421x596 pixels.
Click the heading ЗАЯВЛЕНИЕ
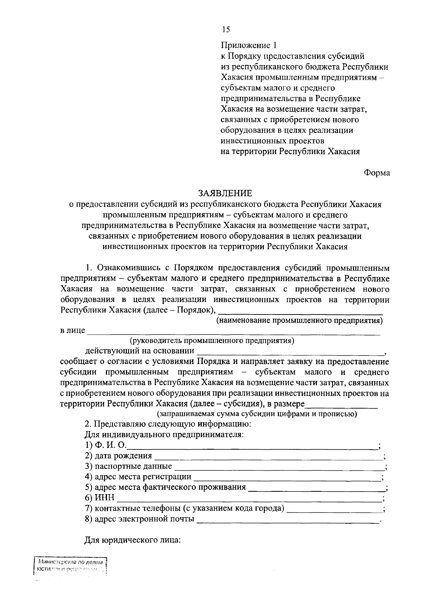click(225, 193)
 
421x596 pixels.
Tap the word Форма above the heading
click(377, 173)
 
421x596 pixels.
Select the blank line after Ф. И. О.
click(253, 446)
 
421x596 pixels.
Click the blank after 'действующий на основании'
click(289, 352)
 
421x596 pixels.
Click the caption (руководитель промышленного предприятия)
click(212, 340)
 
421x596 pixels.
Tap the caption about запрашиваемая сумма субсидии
click(257, 414)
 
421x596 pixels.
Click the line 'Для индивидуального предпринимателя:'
click(164, 435)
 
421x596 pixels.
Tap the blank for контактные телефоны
click(335, 510)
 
